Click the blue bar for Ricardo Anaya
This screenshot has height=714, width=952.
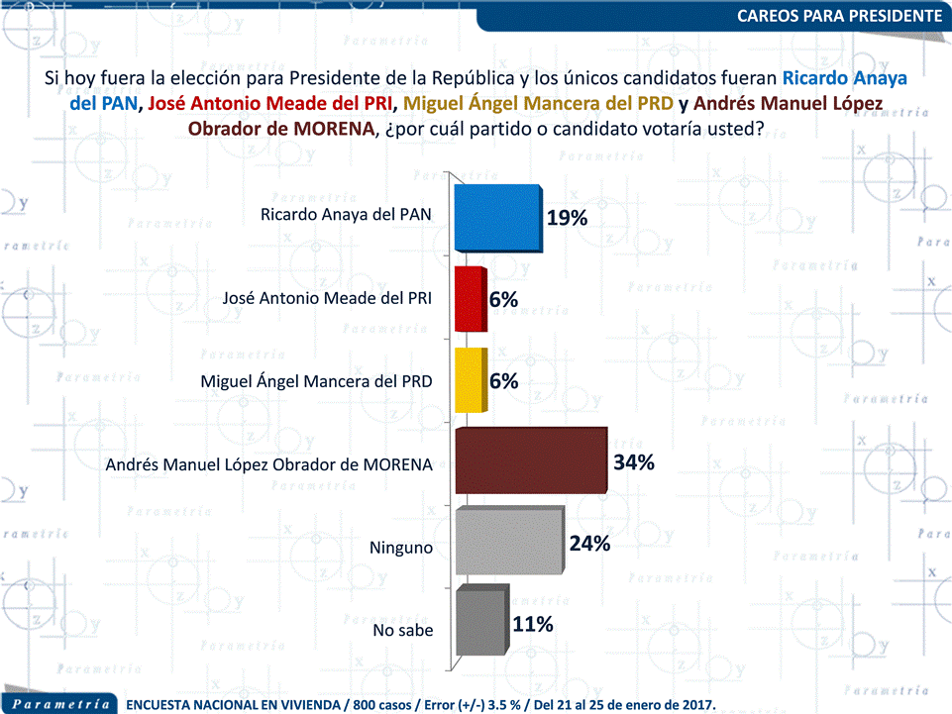(495, 218)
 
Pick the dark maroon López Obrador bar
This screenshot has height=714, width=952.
(529, 461)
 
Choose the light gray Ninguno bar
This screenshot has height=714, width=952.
(507, 543)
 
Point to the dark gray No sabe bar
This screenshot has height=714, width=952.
(480, 624)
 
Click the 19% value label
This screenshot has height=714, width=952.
(567, 218)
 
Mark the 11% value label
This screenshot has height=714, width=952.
(533, 624)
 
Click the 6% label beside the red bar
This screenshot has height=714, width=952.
(503, 299)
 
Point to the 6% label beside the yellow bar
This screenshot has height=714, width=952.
(503, 380)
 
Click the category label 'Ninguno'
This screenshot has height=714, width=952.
(401, 547)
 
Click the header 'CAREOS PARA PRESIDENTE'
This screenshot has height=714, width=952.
(840, 15)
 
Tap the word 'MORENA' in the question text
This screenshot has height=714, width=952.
(338, 130)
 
